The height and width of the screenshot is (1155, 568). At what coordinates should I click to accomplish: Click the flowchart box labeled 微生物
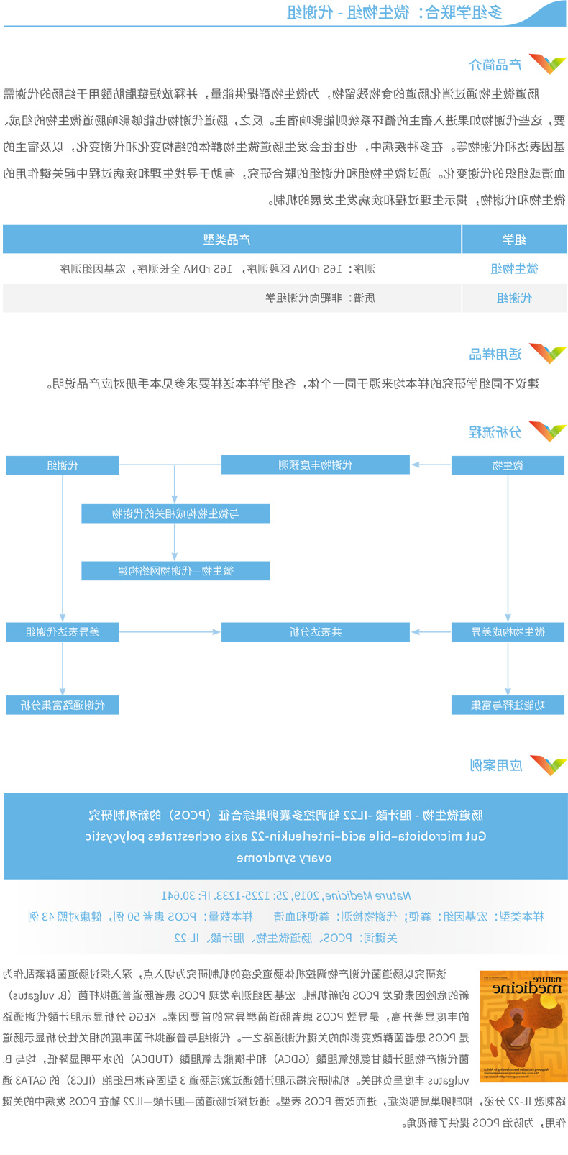pos(508,466)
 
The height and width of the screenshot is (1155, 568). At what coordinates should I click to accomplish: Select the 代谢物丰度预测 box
pos(315,465)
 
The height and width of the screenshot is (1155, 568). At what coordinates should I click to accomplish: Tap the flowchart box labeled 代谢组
pos(63,466)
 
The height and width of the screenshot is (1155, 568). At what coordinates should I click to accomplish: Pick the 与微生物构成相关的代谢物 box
pos(175,513)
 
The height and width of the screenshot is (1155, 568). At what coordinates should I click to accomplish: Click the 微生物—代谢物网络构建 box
pos(175,571)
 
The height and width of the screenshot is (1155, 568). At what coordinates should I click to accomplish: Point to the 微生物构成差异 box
pos(508,632)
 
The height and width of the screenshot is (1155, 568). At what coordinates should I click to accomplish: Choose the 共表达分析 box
pos(315,632)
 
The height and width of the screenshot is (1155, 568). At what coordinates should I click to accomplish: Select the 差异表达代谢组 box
pos(63,632)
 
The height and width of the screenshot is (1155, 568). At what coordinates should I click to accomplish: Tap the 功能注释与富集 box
pos(508,705)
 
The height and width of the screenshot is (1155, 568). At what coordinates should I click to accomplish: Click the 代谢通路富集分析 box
pos(63,705)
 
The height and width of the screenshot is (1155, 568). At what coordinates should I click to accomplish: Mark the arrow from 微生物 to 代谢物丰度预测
pos(430,465)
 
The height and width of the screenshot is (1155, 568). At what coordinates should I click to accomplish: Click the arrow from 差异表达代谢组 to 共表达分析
pos(170,632)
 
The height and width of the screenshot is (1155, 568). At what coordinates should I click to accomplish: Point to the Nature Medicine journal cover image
pos(523,1026)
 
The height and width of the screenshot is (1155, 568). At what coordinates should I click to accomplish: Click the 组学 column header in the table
pos(514,239)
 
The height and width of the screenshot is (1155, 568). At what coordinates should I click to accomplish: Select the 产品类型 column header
pos(231,239)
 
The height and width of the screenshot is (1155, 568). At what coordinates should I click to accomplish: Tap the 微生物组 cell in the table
pos(514,269)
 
